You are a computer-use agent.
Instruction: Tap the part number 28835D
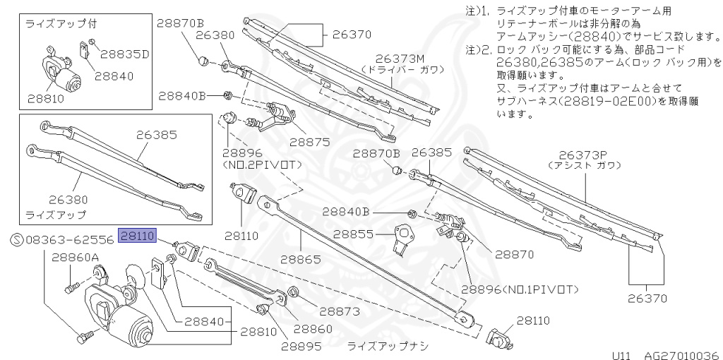coord(125,53)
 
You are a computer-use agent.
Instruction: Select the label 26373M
coord(402,59)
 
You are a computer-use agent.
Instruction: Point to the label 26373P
coord(583,155)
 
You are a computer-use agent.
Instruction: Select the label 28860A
coord(75,258)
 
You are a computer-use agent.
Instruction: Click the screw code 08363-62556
coord(69,240)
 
